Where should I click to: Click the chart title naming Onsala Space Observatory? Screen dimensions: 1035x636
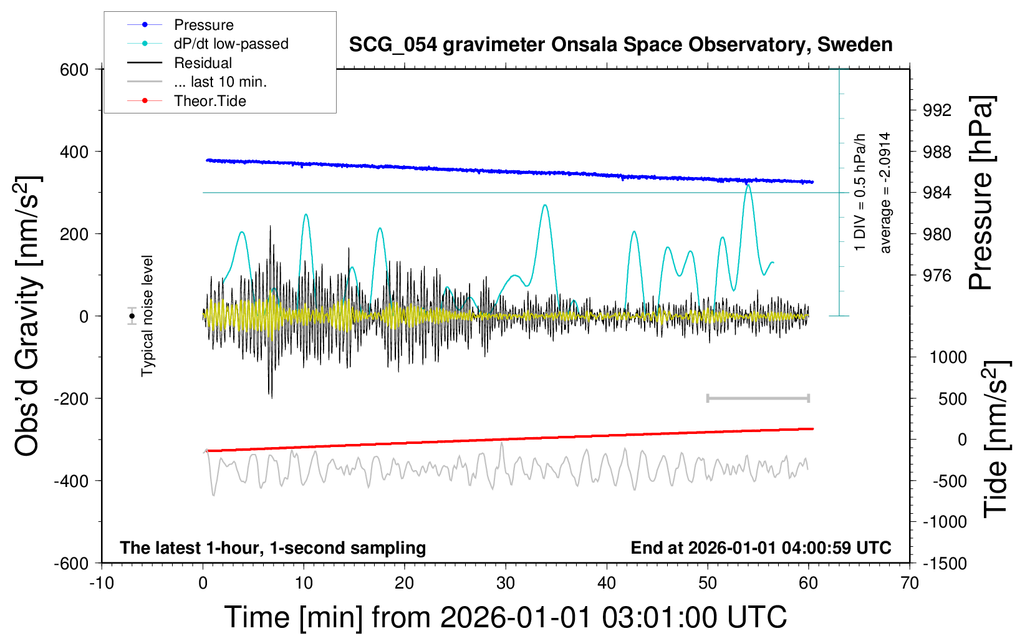[x=620, y=45]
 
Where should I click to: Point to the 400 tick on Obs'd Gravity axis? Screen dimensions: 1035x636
[x=74, y=152]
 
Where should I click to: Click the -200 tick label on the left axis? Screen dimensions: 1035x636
[x=71, y=398]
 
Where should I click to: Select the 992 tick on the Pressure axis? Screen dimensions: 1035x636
[x=937, y=110]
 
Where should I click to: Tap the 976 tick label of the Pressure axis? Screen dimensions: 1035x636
[x=937, y=276]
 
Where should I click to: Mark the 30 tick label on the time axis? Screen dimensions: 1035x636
[x=506, y=583]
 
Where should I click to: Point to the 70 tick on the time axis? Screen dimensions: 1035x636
[x=909, y=583]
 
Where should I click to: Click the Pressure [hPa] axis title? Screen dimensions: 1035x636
[x=981, y=193]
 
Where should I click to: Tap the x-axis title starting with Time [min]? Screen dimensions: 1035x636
[x=506, y=617]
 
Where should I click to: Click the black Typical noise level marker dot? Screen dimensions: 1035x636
[x=132, y=316]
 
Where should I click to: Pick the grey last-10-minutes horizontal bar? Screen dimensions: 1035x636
[x=758, y=398]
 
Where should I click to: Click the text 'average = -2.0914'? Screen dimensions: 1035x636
[x=885, y=193]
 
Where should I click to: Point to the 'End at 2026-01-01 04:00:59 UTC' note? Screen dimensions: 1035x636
[x=761, y=547]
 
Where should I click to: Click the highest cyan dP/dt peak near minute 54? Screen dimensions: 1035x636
[x=748, y=185]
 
